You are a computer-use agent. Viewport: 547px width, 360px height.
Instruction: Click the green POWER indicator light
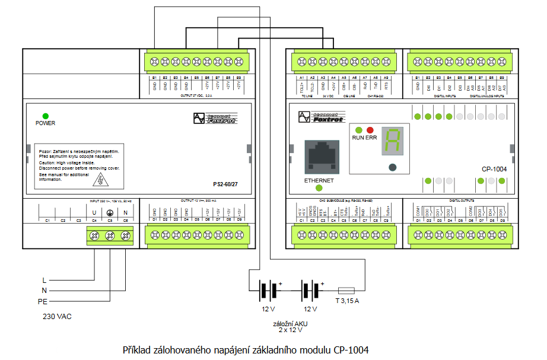point(45,116)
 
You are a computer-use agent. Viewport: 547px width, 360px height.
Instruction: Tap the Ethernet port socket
point(321,158)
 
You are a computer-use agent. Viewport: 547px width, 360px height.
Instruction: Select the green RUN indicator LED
point(358,130)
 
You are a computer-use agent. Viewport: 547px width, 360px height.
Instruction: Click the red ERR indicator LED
point(370,130)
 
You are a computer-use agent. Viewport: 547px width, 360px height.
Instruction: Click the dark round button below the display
point(392,168)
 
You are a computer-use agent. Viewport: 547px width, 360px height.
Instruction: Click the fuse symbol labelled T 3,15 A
point(346,291)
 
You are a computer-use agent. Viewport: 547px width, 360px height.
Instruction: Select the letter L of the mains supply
point(44,279)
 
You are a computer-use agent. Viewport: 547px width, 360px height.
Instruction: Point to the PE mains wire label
point(42,301)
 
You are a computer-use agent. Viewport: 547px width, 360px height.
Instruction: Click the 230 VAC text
point(57,317)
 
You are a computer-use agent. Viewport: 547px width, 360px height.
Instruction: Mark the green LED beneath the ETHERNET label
point(319,189)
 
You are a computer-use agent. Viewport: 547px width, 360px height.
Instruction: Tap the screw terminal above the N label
point(126,237)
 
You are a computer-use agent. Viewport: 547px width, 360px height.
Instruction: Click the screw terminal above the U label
point(94,237)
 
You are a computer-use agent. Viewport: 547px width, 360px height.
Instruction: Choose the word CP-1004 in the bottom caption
point(351,350)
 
